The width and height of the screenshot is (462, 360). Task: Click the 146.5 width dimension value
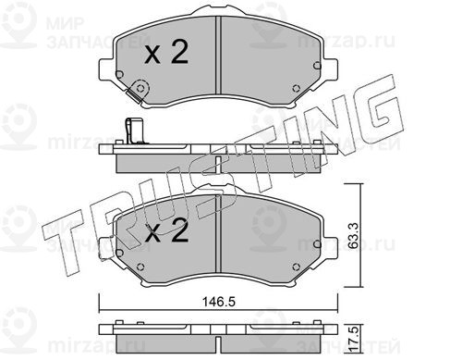[x=219, y=302]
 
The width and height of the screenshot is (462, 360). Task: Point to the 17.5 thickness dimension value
[x=356, y=339]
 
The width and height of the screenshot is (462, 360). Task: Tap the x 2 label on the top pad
[x=166, y=53]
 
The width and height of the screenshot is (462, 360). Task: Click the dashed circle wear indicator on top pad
[x=140, y=89]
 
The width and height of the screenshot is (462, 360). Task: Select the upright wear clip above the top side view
[x=135, y=131]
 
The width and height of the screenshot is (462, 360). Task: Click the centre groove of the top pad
[x=218, y=55]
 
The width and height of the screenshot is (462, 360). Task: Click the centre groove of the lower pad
[x=218, y=234]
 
